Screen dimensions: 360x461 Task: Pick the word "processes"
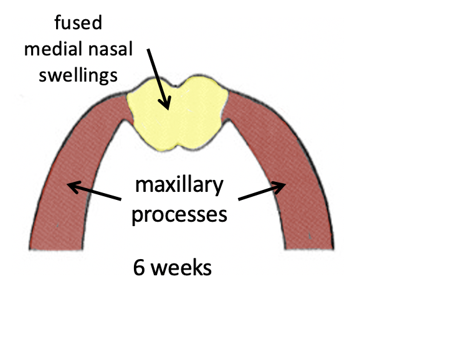click(x=179, y=214)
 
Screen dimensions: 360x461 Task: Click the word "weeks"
click(x=181, y=268)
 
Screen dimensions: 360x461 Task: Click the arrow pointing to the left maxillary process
click(x=93, y=191)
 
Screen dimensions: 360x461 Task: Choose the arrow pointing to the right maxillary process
click(x=262, y=191)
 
